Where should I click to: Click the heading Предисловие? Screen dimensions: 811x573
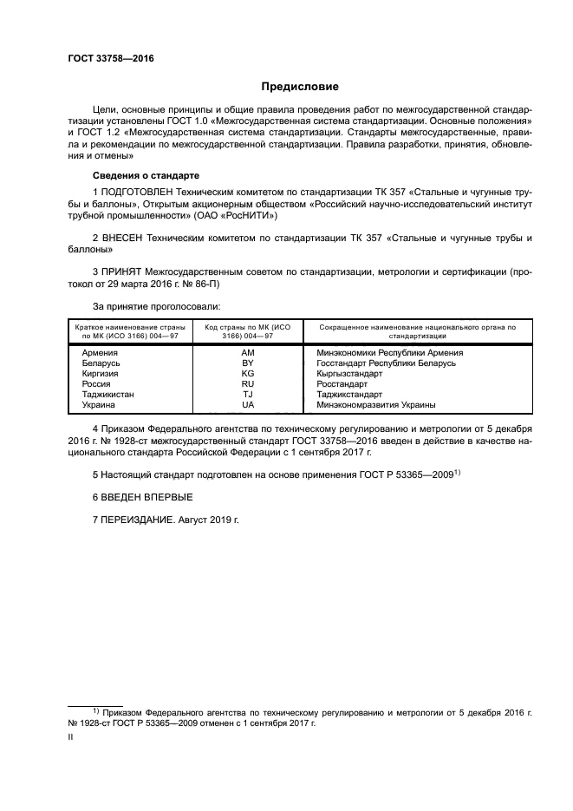(x=301, y=87)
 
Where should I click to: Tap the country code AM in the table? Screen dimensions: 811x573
(x=247, y=353)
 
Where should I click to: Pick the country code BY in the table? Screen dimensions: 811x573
(x=247, y=363)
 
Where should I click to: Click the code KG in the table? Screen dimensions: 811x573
(x=247, y=374)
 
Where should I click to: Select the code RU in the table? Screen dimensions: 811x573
(x=247, y=384)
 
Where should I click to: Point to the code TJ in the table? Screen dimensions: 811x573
(x=247, y=395)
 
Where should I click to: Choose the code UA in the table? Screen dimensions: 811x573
(x=247, y=405)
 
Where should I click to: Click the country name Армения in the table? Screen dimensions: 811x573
(x=100, y=353)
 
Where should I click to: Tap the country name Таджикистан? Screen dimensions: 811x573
(x=107, y=395)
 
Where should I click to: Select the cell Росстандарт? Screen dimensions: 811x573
(x=342, y=384)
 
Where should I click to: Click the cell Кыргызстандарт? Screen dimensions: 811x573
(x=349, y=374)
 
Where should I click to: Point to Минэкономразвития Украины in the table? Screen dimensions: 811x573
(x=375, y=405)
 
